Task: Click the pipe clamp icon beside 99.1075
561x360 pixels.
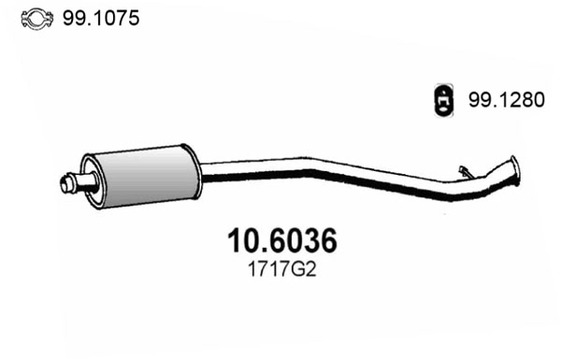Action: click(36, 18)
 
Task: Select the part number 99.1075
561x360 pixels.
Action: click(102, 18)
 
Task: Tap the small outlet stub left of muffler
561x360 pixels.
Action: click(73, 183)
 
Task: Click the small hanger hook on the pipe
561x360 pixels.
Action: click(465, 170)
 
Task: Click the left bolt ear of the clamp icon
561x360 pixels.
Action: click(24, 19)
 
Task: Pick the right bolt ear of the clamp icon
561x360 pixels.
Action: click(48, 19)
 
